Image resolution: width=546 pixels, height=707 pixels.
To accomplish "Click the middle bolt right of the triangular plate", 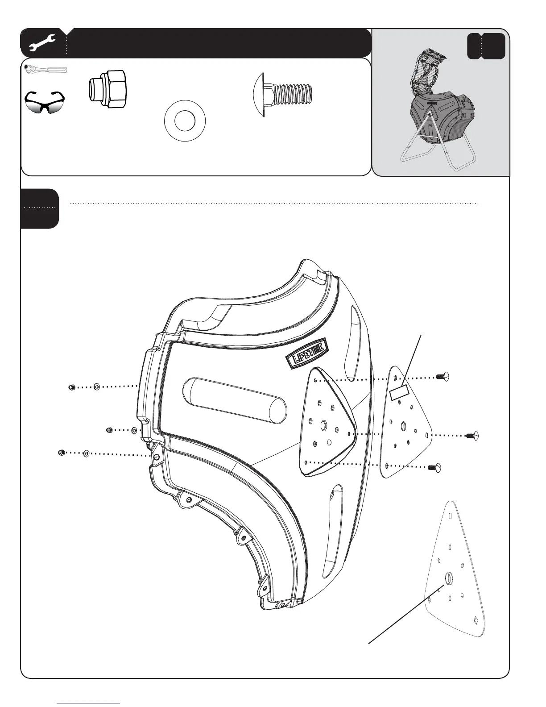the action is click(x=472, y=435).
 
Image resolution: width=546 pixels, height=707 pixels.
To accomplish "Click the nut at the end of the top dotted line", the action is click(x=71, y=387).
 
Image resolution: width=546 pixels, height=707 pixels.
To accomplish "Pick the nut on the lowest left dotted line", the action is click(x=62, y=453).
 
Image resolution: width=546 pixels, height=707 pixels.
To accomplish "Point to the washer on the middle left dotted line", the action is click(x=134, y=430).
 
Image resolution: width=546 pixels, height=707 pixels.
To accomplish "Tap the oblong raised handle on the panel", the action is click(x=235, y=400).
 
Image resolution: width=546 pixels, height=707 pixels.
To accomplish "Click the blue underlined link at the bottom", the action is click(x=89, y=703).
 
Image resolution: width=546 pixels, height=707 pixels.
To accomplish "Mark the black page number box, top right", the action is click(x=486, y=46).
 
